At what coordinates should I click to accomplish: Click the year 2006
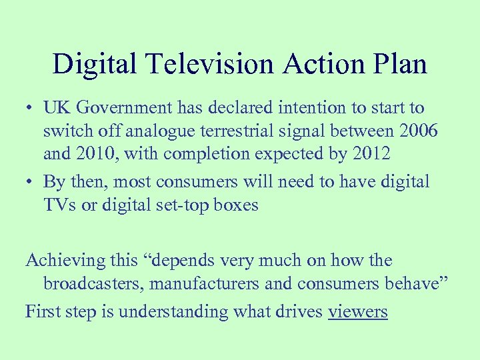[x=416, y=131]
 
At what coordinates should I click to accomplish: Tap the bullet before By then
[x=31, y=181]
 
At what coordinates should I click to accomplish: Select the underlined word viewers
[x=358, y=311]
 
